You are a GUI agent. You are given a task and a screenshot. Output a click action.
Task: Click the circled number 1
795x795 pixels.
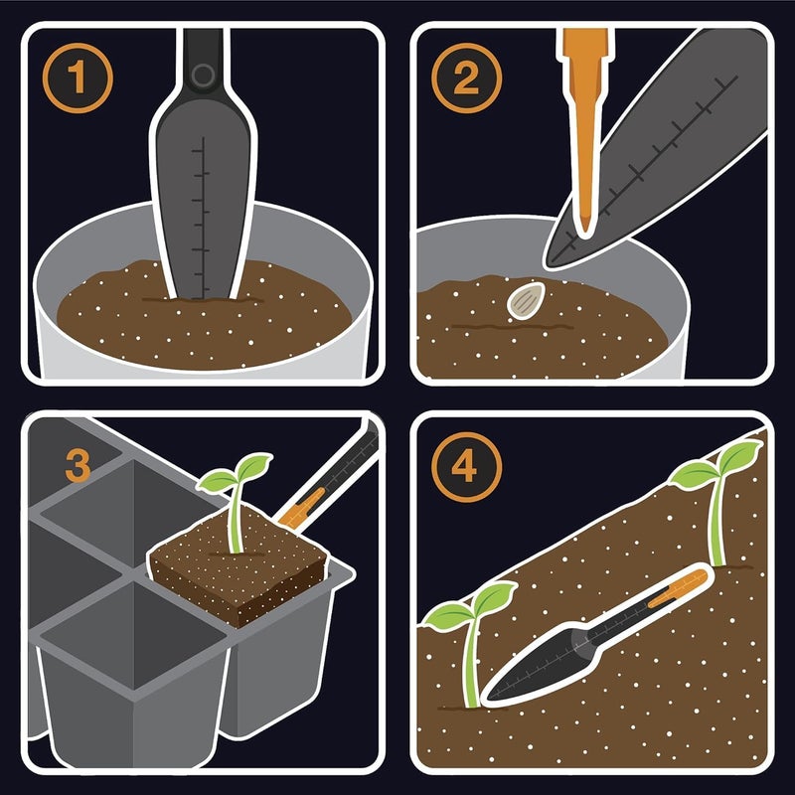(77, 78)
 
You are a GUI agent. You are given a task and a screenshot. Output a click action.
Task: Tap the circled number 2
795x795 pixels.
(464, 79)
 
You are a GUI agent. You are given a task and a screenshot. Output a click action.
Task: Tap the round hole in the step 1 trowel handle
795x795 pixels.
(203, 75)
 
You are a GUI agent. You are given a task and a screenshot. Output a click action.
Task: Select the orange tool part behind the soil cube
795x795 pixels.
(298, 508)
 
